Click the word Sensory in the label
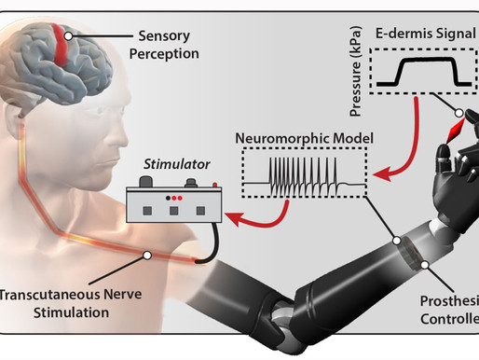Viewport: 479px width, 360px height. click(164, 36)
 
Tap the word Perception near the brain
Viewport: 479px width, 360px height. click(164, 54)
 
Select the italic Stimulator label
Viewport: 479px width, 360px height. click(177, 164)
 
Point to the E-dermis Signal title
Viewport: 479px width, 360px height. click(426, 34)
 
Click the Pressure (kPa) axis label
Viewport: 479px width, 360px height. click(356, 72)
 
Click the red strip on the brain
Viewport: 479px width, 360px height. click(62, 45)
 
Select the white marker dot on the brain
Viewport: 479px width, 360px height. click(68, 36)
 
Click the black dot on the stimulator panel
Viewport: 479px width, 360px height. click(168, 198)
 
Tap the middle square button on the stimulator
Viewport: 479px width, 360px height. click(174, 211)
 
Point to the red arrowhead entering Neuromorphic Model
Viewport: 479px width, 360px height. click(381, 174)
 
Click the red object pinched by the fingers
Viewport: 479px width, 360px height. click(455, 131)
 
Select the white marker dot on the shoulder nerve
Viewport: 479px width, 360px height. click(147, 256)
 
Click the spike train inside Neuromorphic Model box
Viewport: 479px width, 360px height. click(303, 177)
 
